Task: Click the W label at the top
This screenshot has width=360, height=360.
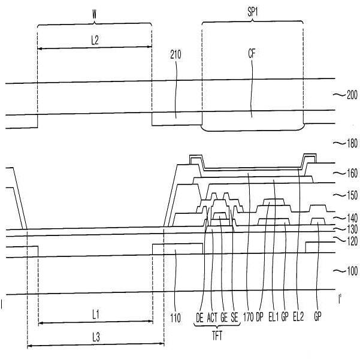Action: [x=95, y=15]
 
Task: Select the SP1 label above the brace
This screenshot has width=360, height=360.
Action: [x=253, y=13]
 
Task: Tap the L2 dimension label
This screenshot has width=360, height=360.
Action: [x=95, y=40]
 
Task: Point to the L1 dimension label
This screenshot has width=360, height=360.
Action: [x=96, y=314]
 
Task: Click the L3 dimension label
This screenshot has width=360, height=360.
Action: [x=96, y=338]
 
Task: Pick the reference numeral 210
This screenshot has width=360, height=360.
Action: [x=176, y=55]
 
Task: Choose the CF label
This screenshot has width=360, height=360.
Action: [x=252, y=54]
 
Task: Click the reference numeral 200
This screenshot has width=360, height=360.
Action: [x=352, y=95]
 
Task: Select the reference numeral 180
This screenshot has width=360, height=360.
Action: [x=352, y=143]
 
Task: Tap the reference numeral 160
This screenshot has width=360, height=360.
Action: [x=352, y=173]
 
